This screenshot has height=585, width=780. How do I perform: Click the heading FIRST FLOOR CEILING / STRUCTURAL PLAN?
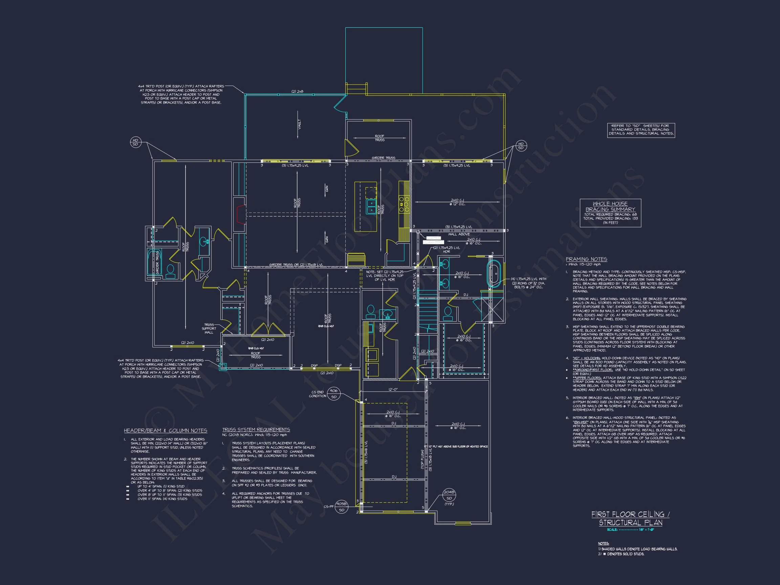click(630, 518)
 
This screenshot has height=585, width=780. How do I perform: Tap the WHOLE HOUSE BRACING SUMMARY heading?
click(610, 206)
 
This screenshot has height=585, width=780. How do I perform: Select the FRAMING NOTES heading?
click(586, 259)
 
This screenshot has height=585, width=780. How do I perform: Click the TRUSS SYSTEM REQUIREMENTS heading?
click(256, 430)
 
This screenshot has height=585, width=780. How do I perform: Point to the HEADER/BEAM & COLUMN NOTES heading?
click(166, 431)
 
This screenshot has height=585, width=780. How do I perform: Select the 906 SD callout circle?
click(333, 393)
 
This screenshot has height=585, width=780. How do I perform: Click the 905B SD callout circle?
click(341, 507)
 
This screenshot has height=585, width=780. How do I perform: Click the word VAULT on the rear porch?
click(299, 124)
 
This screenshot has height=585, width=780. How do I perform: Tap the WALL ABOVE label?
click(459, 234)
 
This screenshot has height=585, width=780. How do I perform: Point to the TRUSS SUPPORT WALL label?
click(209, 329)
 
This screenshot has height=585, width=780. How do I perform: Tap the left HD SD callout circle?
click(135, 142)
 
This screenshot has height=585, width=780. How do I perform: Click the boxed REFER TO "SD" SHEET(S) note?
click(641, 130)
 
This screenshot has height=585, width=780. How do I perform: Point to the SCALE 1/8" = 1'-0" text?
click(630, 529)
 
